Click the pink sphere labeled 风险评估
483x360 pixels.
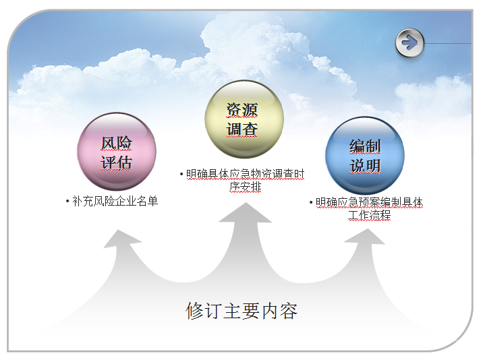117,152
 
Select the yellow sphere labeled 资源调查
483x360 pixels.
244,119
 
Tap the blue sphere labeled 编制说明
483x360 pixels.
365,156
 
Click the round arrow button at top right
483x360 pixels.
409,43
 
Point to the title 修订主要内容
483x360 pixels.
241,311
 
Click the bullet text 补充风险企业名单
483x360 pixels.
115,201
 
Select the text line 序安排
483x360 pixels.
246,187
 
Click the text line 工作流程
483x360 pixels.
370,214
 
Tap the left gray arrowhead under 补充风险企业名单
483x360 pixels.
122,239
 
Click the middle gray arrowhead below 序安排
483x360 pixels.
246,213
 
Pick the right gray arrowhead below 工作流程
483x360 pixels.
366,237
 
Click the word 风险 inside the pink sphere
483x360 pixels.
117,144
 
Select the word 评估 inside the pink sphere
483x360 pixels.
117,162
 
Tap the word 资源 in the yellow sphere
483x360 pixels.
241,110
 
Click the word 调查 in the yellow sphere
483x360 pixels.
241,129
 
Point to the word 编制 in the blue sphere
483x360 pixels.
365,146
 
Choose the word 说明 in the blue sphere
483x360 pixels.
365,166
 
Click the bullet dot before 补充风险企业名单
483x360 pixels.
67,202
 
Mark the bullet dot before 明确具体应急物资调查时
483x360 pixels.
181,175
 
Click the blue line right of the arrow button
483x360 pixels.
448,43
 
